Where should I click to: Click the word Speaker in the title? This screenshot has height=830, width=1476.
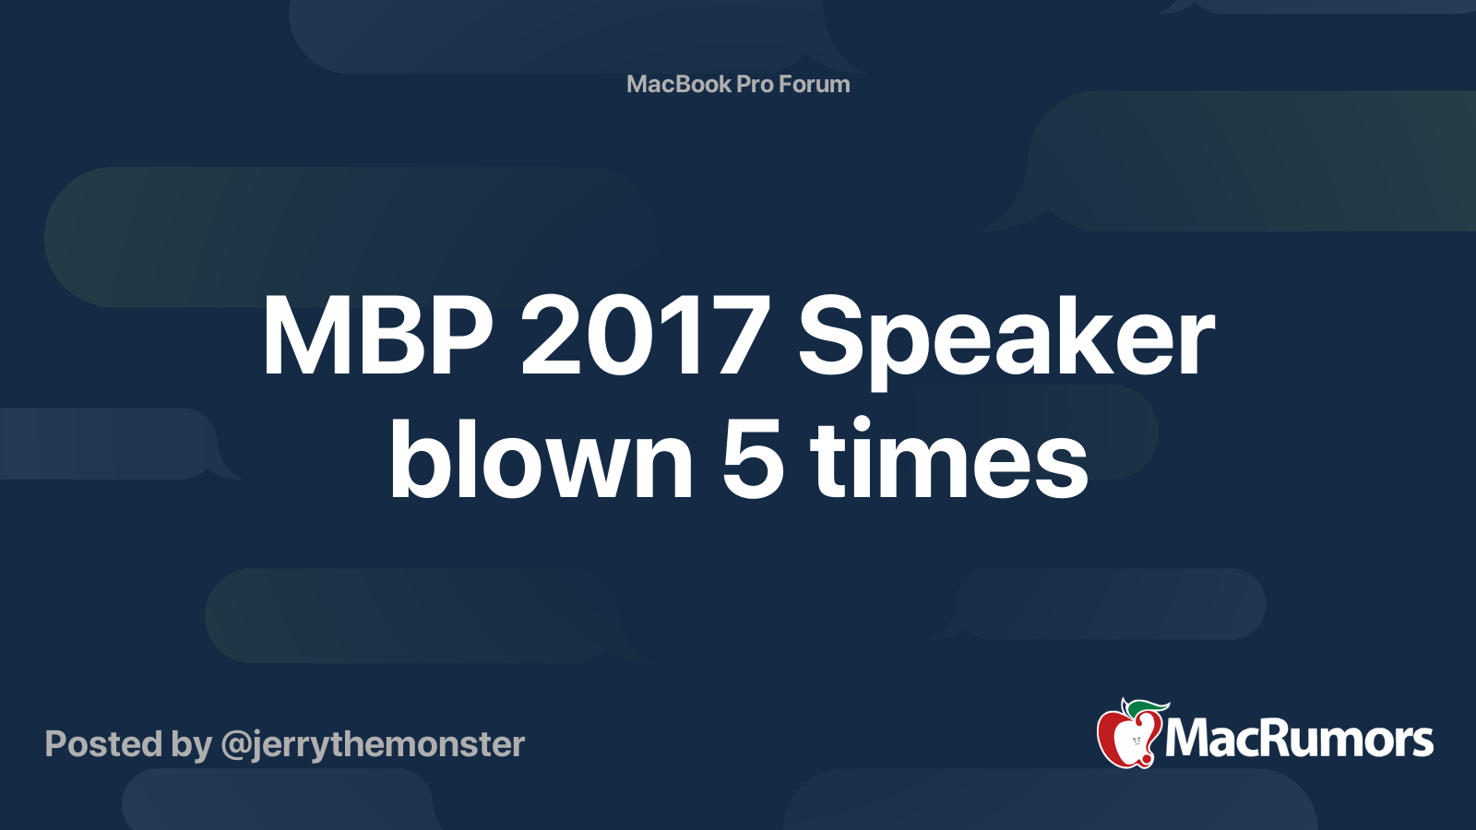click(x=1006, y=341)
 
